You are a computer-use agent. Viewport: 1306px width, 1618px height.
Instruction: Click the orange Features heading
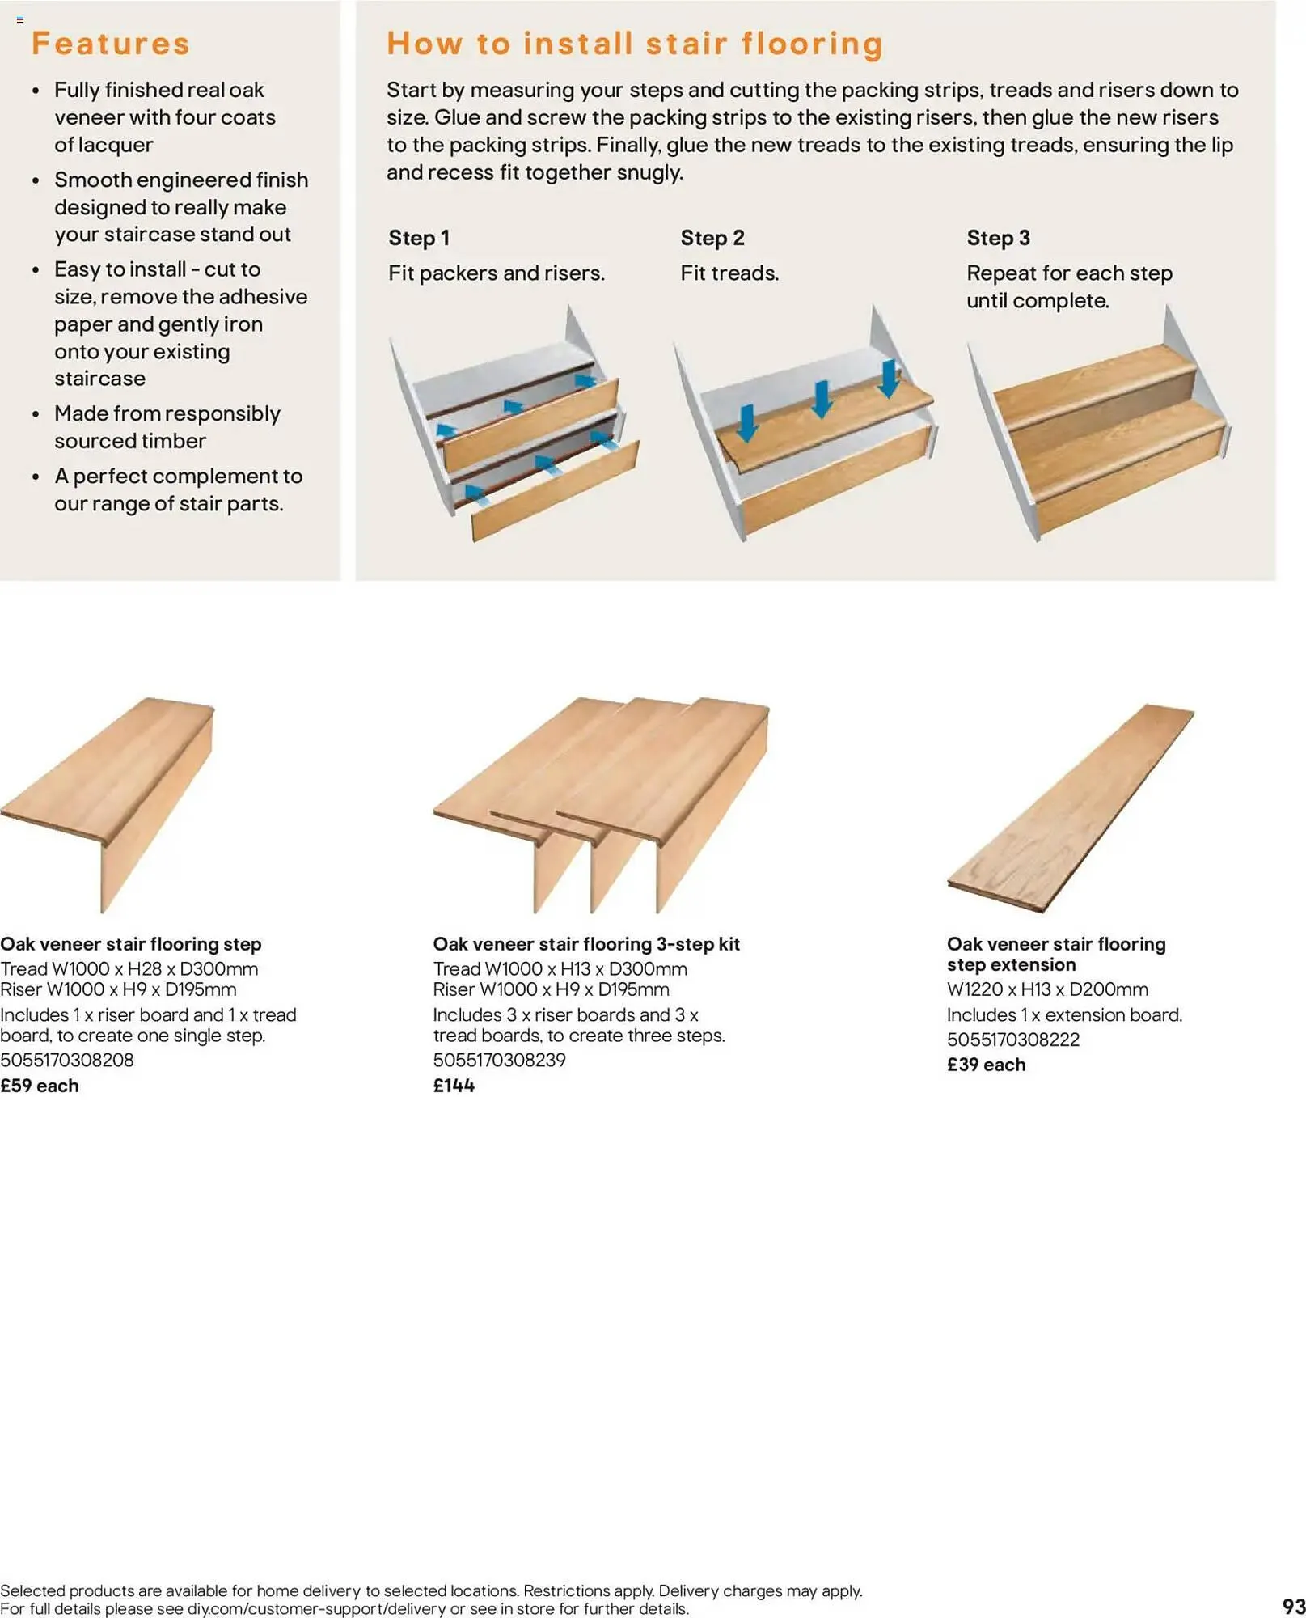(110, 44)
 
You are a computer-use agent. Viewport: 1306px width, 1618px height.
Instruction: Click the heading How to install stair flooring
(634, 44)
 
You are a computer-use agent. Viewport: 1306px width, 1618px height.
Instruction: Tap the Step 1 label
(418, 238)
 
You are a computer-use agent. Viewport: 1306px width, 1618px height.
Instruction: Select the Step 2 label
(712, 238)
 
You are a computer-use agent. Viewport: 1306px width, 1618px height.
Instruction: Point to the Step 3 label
(997, 238)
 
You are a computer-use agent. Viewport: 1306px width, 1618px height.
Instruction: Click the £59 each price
(40, 1086)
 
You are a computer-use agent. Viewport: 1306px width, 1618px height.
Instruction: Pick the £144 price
(454, 1086)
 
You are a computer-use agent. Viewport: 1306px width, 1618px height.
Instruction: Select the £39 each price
(986, 1065)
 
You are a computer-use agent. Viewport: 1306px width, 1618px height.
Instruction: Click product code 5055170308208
(67, 1060)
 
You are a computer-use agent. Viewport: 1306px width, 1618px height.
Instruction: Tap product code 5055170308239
(499, 1060)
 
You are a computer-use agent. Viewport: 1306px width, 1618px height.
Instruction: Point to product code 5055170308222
(1012, 1040)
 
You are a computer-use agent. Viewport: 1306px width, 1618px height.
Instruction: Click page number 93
(1293, 1606)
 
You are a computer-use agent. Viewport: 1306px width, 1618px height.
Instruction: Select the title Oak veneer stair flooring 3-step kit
(586, 944)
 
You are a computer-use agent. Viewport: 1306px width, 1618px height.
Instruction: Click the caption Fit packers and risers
(496, 273)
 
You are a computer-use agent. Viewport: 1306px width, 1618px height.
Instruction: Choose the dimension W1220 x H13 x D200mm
(1047, 989)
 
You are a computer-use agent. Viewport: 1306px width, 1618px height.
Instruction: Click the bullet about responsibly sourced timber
(167, 427)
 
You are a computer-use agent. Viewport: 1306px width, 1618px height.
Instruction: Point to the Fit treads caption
(729, 273)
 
